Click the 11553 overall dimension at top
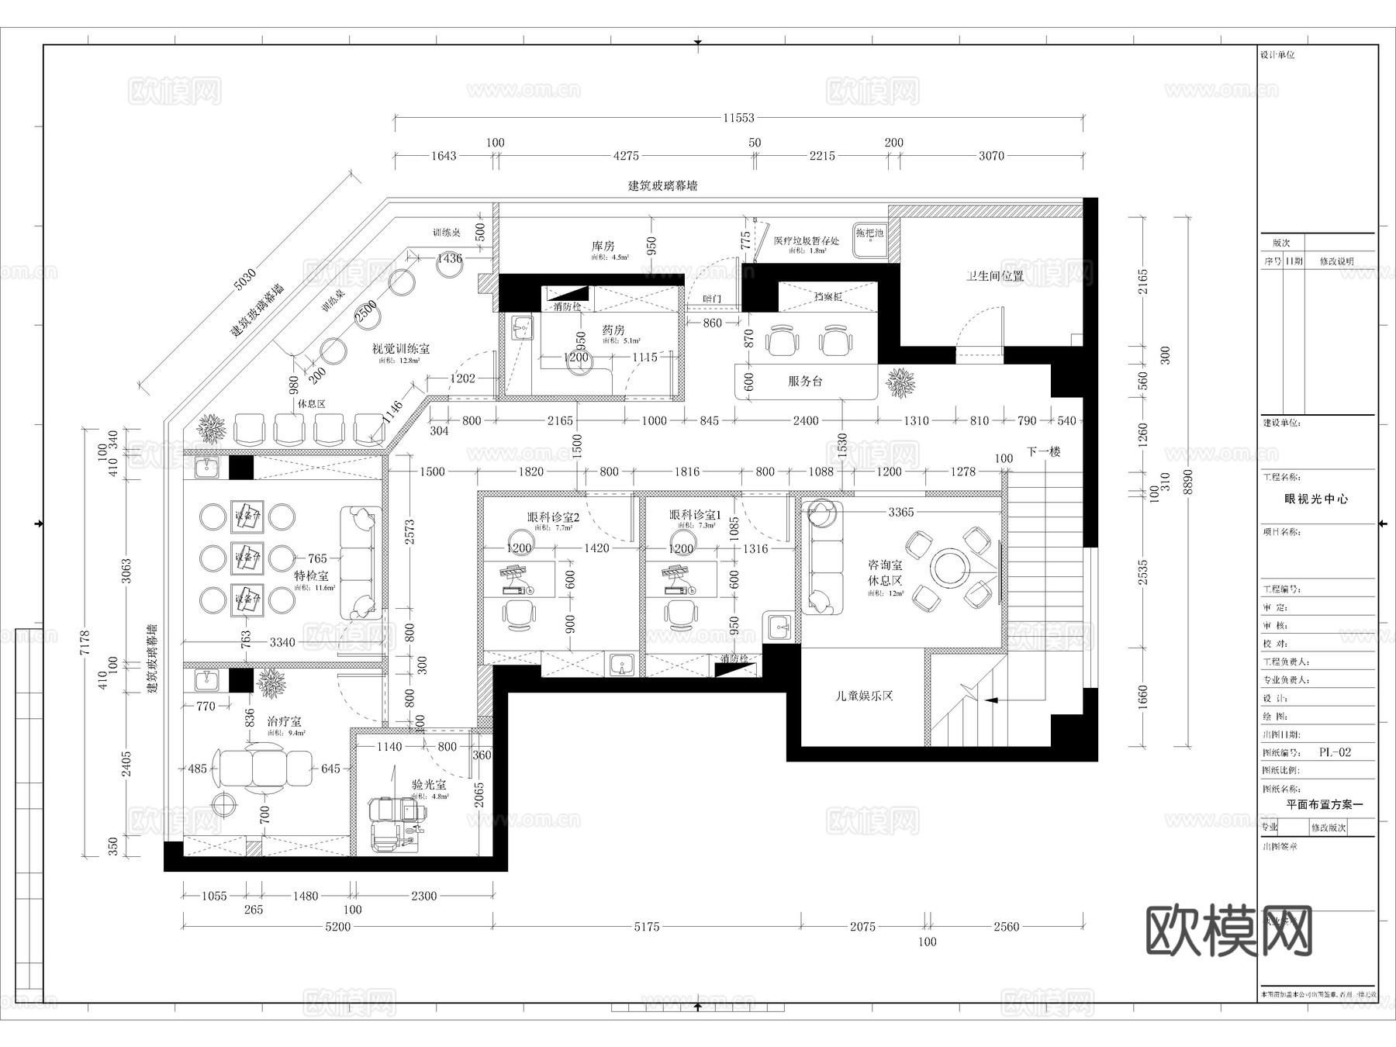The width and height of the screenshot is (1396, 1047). click(x=738, y=118)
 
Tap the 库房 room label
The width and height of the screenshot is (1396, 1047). click(x=603, y=246)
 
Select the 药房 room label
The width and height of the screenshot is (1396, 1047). click(x=613, y=330)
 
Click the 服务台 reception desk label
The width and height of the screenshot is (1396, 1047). click(x=805, y=381)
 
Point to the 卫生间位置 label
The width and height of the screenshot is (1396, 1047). click(x=994, y=275)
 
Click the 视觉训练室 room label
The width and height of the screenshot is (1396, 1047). click(x=400, y=349)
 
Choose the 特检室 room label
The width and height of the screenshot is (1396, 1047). click(x=311, y=575)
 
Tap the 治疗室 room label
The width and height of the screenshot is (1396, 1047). click(x=284, y=721)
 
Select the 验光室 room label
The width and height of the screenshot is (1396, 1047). click(x=429, y=785)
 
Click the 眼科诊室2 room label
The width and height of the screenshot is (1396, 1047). click(x=553, y=516)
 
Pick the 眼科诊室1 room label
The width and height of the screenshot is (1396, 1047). click(x=696, y=515)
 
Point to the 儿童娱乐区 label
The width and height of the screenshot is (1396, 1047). click(x=864, y=696)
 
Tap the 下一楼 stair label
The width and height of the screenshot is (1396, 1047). click(x=1043, y=451)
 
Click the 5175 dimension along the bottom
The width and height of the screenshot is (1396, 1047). click(x=646, y=926)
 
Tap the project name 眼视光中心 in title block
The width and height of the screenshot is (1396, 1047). click(x=1316, y=499)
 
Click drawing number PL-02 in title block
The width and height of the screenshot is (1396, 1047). click(x=1335, y=752)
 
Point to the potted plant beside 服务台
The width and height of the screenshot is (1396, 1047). click(x=901, y=382)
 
